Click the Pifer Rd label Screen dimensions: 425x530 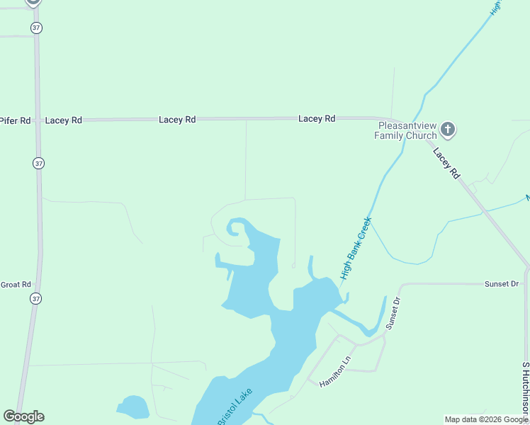[x=16, y=120]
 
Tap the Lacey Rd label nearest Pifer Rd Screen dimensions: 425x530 [x=63, y=120]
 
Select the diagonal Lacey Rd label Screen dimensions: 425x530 [x=446, y=162]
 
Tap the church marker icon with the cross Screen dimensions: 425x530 [x=447, y=130]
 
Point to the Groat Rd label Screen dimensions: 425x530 [x=16, y=285]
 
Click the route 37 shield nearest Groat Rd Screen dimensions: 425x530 [x=36, y=299]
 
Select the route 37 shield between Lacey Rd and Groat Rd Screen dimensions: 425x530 [x=38, y=163]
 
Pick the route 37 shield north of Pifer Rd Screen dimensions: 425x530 [x=37, y=28]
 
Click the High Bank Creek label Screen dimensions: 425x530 [x=356, y=247]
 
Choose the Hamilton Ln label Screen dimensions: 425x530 [x=335, y=372]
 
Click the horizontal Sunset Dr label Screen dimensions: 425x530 [x=502, y=284]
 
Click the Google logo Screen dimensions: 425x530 [x=23, y=416]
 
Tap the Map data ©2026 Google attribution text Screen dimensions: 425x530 [x=486, y=419]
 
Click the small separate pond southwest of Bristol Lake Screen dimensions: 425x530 [x=133, y=407]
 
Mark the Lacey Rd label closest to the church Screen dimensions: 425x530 [x=317, y=119]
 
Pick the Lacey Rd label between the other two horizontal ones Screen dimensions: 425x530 [x=177, y=120]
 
